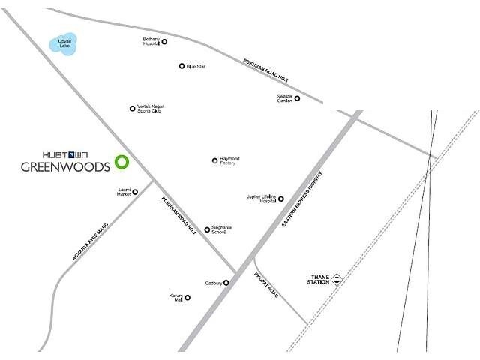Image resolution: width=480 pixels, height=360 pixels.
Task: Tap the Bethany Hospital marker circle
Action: pos(164,42)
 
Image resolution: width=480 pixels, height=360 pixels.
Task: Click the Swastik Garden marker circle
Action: pos(297,98)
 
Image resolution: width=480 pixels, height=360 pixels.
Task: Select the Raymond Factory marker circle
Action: pos(214,160)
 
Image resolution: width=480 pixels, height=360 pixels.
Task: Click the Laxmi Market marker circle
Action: pos(135,192)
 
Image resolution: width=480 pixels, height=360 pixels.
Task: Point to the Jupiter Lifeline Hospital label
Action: pos(261,199)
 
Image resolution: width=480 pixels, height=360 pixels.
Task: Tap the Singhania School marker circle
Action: pos(207,229)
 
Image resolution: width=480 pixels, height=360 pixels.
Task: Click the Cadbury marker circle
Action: pos(226,283)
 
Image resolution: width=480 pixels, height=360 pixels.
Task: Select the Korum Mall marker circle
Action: pos(187,298)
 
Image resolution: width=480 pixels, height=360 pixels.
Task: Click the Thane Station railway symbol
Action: pos(338,278)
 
